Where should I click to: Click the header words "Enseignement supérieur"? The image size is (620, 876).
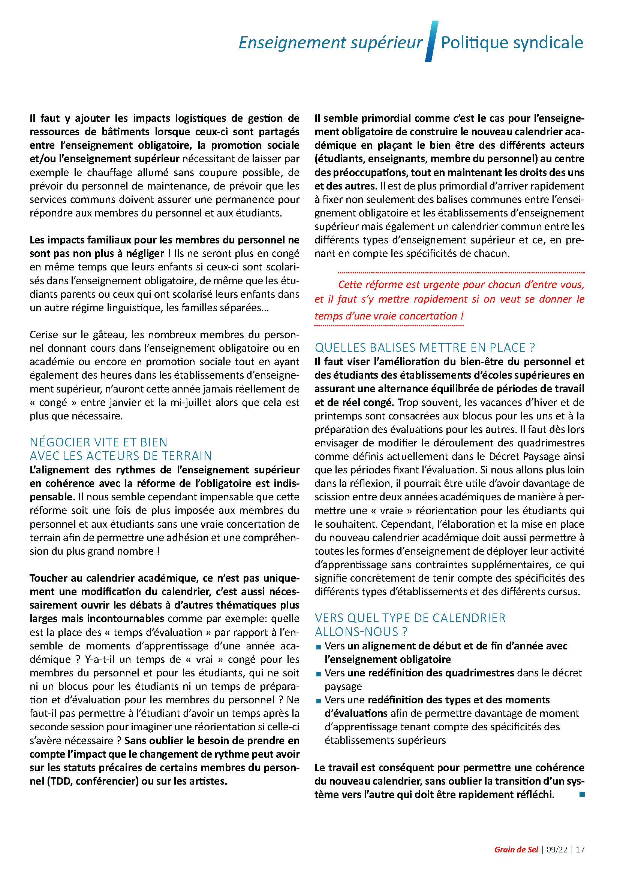(330, 43)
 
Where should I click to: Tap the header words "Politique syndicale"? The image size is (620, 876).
(512, 43)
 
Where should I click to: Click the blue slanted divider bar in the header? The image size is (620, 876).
(431, 41)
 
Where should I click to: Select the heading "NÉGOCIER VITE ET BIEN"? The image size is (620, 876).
(99, 442)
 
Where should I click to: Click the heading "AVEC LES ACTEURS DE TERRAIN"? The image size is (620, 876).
(121, 456)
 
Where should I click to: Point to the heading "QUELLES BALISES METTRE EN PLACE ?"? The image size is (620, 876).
(425, 348)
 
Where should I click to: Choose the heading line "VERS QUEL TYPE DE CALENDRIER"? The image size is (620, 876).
(410, 618)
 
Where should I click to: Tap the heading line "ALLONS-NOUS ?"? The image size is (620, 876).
(361, 632)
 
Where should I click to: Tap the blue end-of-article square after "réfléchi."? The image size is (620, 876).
(582, 795)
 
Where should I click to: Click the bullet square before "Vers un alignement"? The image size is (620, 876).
(318, 647)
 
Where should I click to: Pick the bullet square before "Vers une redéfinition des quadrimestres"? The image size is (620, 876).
(318, 674)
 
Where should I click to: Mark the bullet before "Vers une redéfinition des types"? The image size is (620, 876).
(318, 701)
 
